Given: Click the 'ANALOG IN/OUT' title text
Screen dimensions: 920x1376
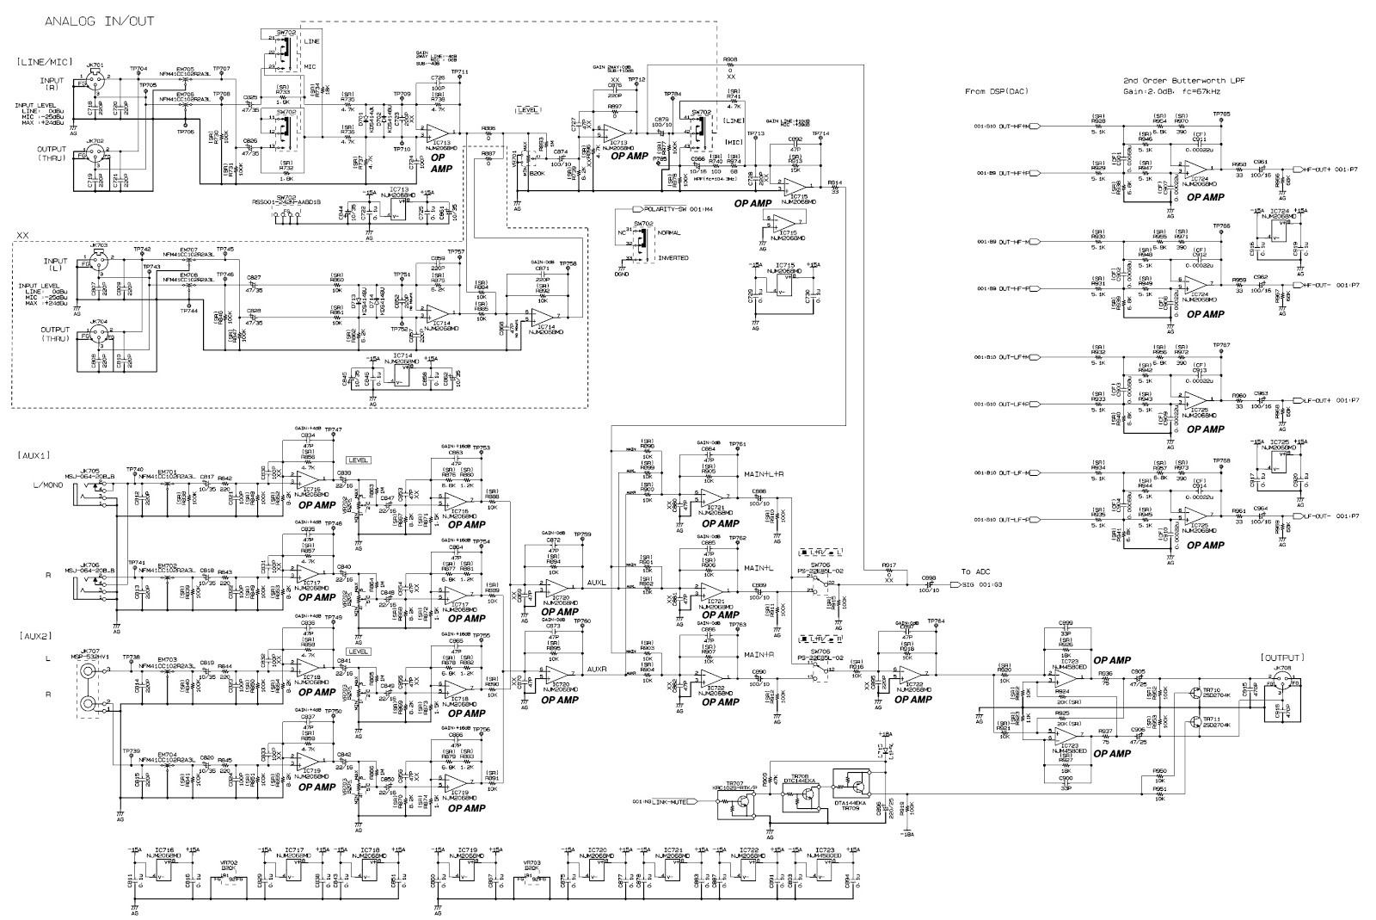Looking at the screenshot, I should coord(99,21).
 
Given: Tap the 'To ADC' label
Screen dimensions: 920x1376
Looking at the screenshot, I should coord(975,571).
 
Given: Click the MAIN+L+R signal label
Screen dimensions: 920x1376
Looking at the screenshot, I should coord(762,474).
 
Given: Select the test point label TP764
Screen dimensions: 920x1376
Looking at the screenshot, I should coord(937,621).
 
